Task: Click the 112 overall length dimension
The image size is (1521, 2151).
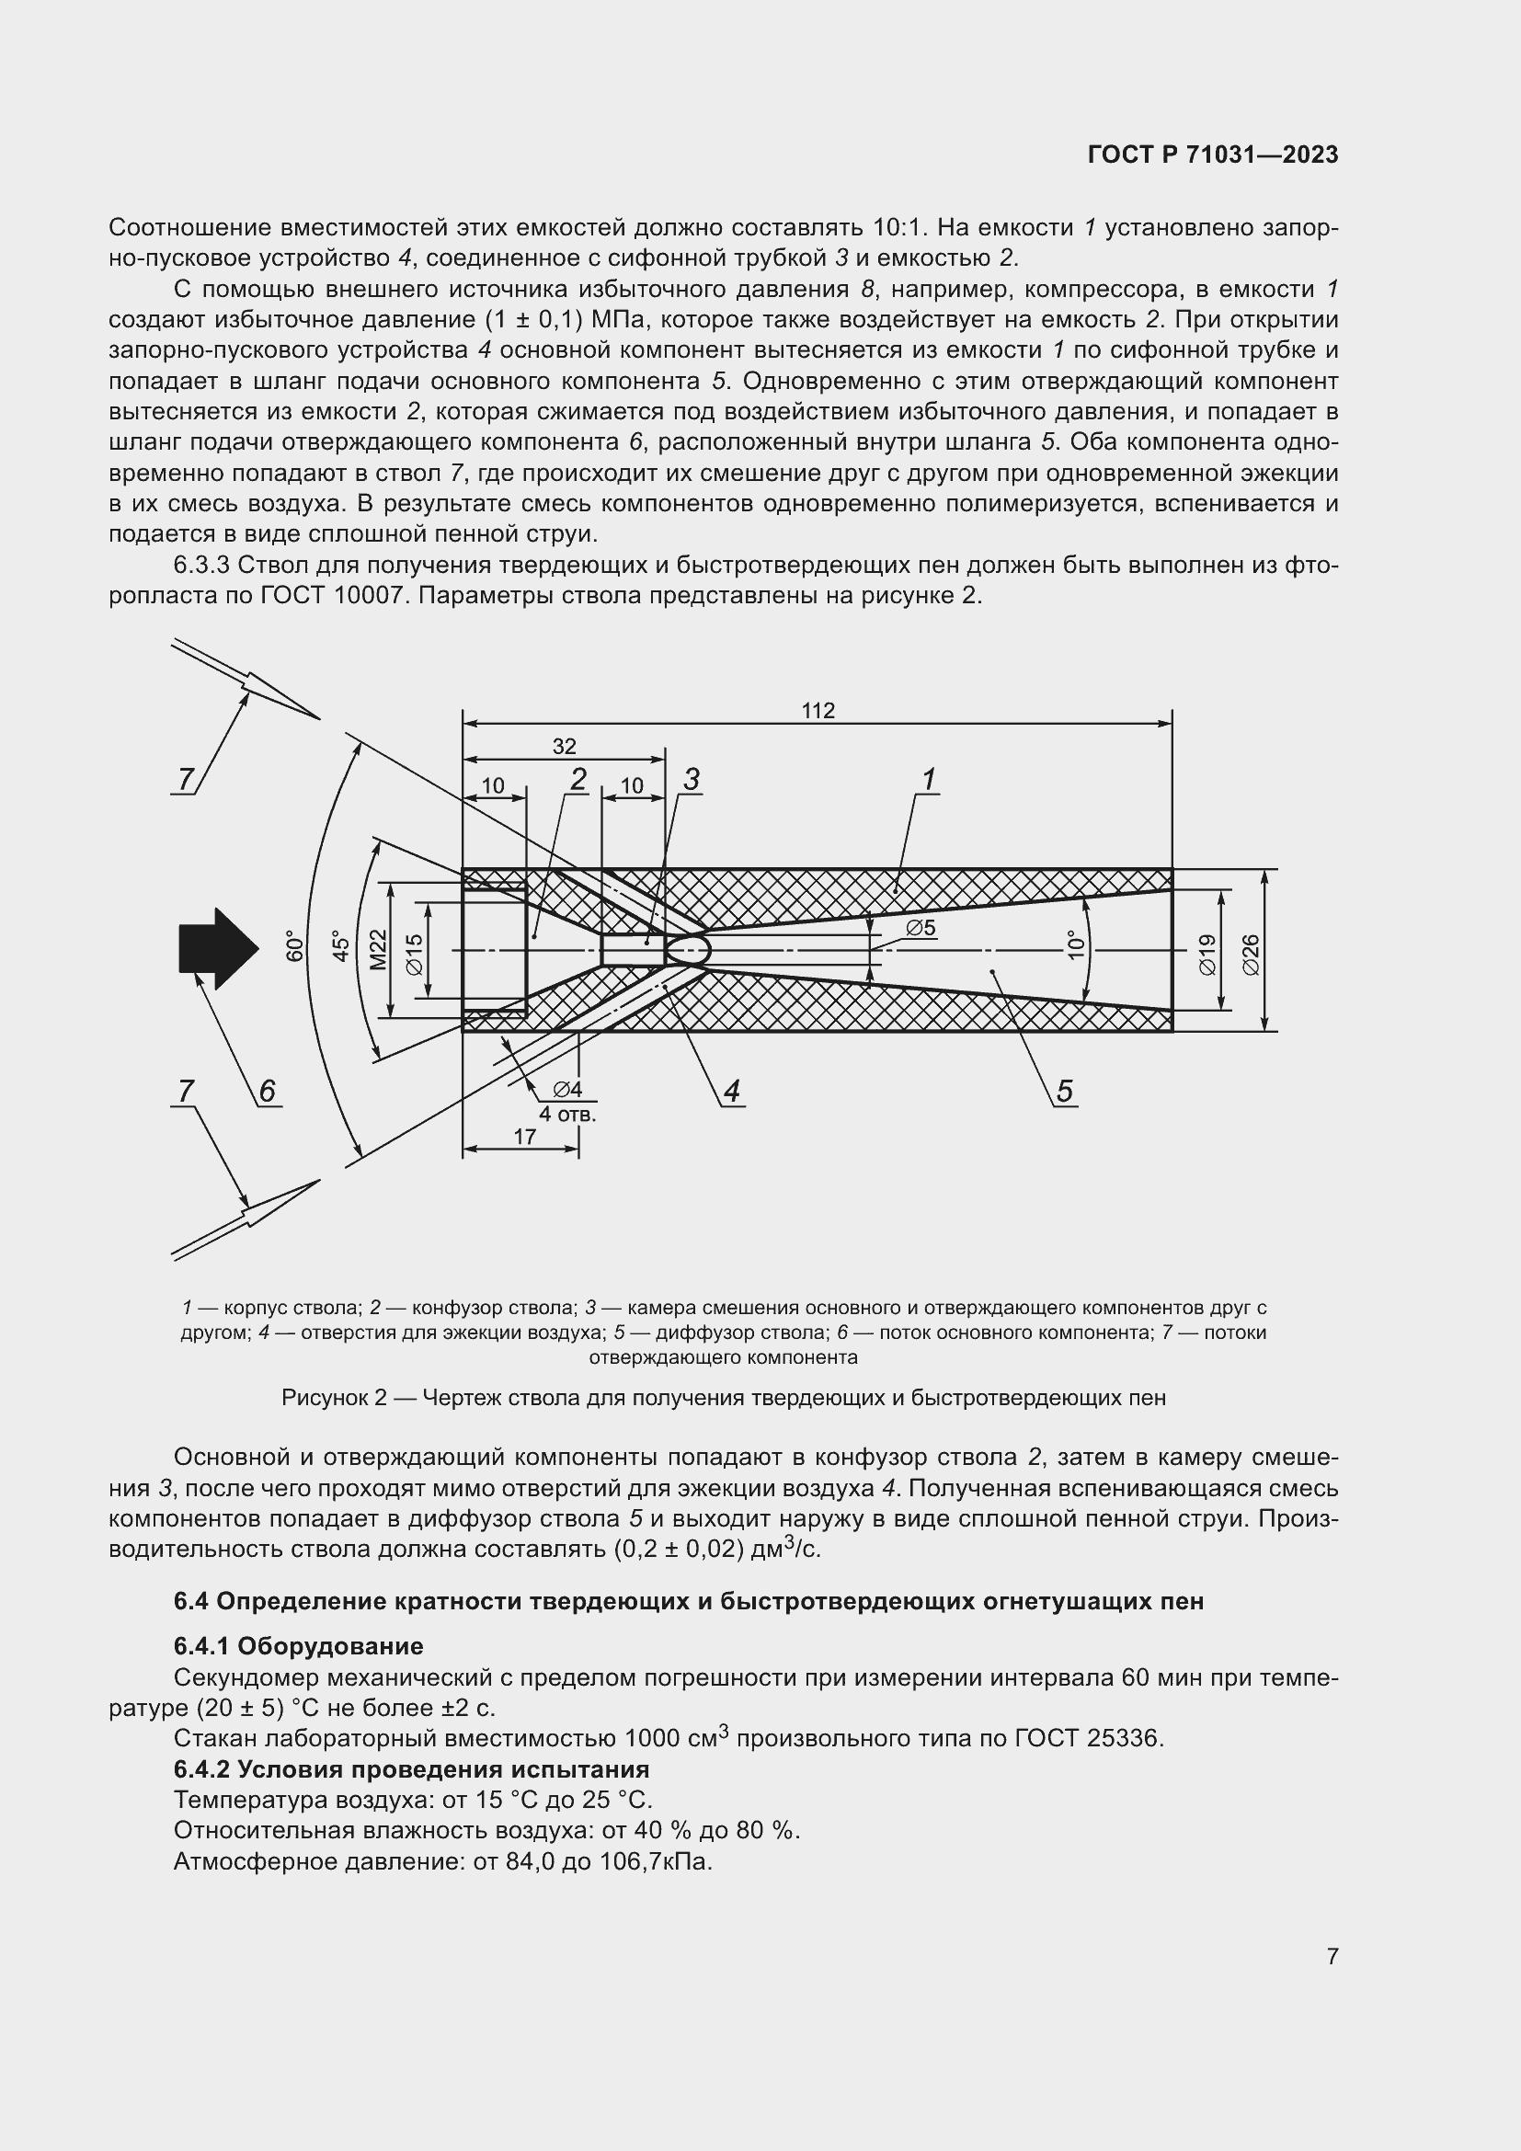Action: tap(818, 711)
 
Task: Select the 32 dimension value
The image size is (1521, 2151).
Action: tap(564, 747)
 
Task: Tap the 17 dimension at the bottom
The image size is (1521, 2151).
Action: tap(525, 1137)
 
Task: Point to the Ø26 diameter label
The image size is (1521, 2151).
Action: tap(1252, 955)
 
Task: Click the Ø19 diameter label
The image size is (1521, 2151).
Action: tap(1207, 955)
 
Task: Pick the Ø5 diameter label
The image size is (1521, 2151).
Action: tap(920, 929)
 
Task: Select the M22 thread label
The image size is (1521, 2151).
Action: tap(377, 950)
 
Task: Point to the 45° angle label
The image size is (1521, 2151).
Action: tap(341, 946)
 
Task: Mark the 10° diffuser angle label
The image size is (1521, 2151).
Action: tap(1076, 944)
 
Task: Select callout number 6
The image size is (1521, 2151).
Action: tap(267, 1091)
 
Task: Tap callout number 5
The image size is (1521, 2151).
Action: tap(1064, 1091)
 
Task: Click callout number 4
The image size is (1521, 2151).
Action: tap(731, 1091)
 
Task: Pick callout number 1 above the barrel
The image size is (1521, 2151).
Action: tap(928, 780)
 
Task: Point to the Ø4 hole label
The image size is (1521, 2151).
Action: tap(567, 1090)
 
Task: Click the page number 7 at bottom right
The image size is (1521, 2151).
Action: tap(1332, 1956)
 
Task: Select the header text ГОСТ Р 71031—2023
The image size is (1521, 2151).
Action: tap(1213, 155)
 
